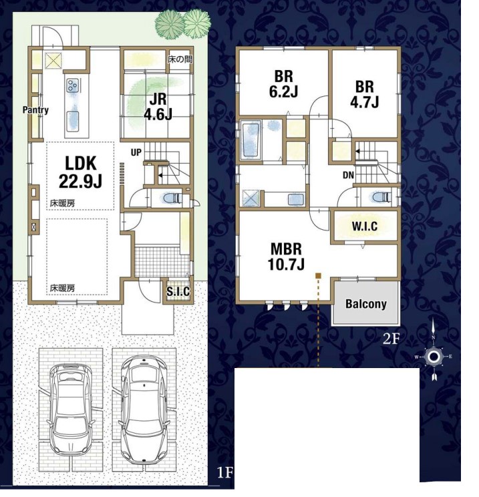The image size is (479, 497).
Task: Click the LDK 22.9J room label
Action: click(x=81, y=172)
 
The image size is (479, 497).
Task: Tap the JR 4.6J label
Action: click(x=158, y=107)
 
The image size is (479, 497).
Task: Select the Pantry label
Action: click(x=35, y=110)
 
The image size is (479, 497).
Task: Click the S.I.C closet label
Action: click(x=178, y=292)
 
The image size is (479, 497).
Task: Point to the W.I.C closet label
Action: click(x=365, y=226)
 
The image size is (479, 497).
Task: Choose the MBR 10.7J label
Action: click(x=286, y=257)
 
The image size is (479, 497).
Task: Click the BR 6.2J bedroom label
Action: click(x=283, y=84)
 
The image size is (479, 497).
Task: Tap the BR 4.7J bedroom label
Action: click(x=365, y=94)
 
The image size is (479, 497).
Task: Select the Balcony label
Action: click(x=366, y=304)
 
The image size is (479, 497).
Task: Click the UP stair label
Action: click(x=136, y=153)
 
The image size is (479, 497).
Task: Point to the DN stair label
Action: click(x=348, y=175)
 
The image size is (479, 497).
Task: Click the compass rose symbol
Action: click(x=433, y=357)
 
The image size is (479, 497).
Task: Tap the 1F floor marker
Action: click(x=224, y=473)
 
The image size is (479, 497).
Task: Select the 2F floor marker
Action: click(x=391, y=339)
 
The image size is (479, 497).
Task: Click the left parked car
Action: click(x=71, y=410)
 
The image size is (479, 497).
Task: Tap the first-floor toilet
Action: click(x=172, y=199)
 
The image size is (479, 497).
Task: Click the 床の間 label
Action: click(x=180, y=59)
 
